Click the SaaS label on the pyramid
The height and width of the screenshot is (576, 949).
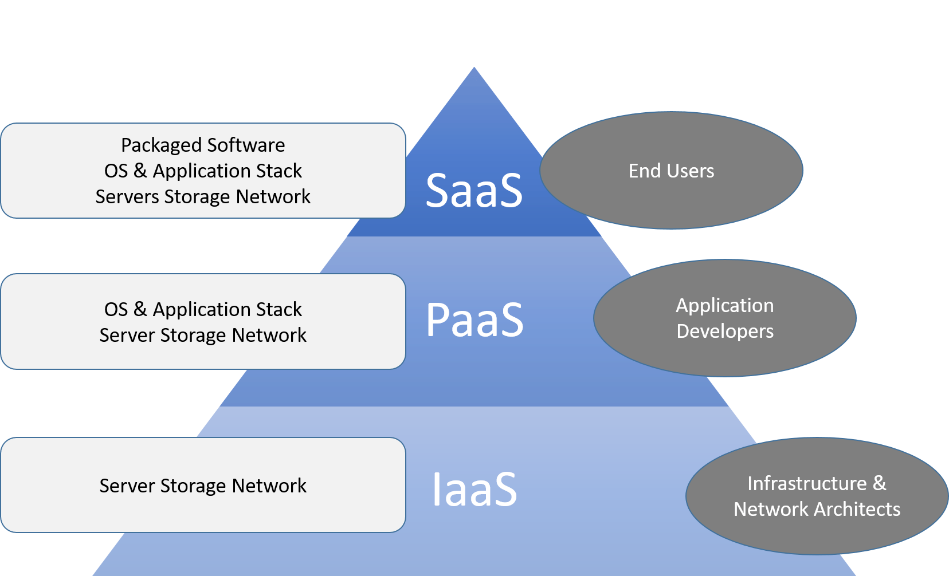click(474, 191)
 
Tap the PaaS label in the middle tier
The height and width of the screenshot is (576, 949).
click(474, 320)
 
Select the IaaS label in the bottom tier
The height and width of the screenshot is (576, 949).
click(474, 490)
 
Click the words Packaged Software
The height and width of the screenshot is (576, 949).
click(203, 145)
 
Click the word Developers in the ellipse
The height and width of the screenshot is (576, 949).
click(725, 332)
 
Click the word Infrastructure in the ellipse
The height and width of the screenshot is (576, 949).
click(807, 484)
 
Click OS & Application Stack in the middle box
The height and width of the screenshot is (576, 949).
click(203, 310)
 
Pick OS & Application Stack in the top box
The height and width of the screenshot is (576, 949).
click(203, 171)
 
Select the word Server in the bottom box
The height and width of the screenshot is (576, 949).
click(127, 486)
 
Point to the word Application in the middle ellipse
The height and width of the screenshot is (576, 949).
click(725, 306)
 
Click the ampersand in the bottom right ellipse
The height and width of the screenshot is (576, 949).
click(879, 484)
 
